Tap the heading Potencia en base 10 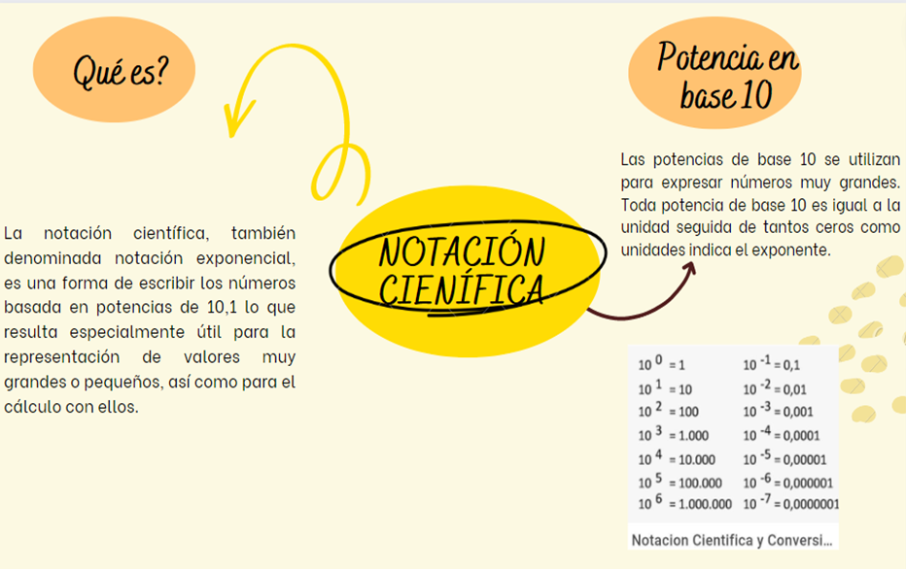[x=727, y=75]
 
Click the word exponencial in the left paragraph [x=246, y=258]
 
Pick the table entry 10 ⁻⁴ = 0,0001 [x=782, y=435]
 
